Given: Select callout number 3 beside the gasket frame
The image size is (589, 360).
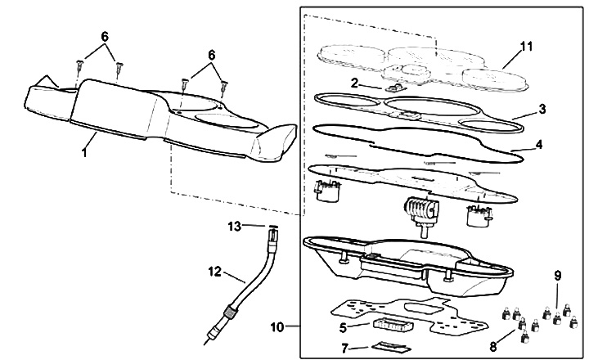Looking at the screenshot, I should [542, 108].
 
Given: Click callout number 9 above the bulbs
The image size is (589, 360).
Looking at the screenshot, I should [559, 277].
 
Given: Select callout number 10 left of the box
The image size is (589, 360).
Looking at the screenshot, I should [279, 326].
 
